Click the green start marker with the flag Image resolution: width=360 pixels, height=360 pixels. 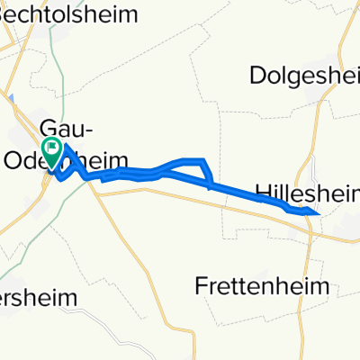pyautogui.click(x=52, y=152)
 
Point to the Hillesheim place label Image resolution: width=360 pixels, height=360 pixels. pyautogui.click(x=307, y=192)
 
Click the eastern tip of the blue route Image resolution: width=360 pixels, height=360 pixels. pyautogui.click(x=319, y=213)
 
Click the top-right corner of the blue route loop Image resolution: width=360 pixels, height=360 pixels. pyautogui.click(x=204, y=160)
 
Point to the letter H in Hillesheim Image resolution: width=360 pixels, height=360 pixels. pyautogui.click(x=262, y=192)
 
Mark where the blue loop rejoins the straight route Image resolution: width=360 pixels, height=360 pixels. pyautogui.click(x=210, y=186)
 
